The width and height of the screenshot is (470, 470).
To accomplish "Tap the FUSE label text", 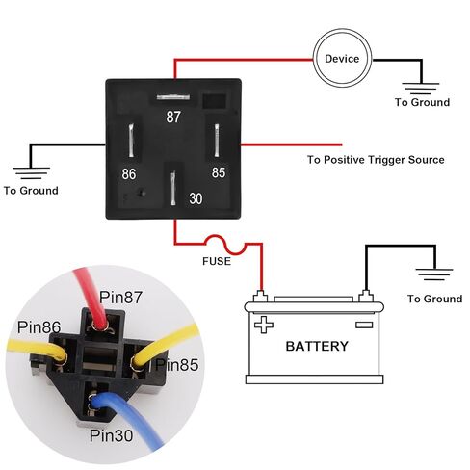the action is tap(217, 261).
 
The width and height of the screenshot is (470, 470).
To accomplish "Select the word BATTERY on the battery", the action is tap(317, 346).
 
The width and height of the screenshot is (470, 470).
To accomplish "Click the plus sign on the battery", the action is tap(264, 325).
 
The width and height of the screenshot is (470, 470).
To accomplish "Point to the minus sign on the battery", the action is tap(364, 325).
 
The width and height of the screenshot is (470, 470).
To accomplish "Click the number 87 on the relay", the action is tap(173, 117).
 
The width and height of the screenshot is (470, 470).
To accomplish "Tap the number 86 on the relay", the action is tap(129, 174).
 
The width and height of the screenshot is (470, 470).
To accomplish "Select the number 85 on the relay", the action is tap(219, 172).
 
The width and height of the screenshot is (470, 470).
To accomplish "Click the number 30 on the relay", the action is tap(196, 198).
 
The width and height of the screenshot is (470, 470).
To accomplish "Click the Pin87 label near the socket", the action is tap(120, 297).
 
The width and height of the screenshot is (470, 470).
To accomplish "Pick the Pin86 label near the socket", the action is tap(39, 327).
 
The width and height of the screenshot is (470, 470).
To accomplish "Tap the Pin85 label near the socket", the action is tap(177, 365).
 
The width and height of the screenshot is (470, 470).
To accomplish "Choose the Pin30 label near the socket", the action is tap(111, 435).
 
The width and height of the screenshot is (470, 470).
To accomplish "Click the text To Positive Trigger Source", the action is tap(376, 160).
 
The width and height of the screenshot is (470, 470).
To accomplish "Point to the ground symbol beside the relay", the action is tap(31, 173).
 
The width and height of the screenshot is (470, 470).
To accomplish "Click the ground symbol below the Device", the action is tap(420, 89).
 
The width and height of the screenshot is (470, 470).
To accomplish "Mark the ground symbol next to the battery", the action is tap(434, 274).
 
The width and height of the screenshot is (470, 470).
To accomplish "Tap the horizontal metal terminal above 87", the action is tap(172, 97).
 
